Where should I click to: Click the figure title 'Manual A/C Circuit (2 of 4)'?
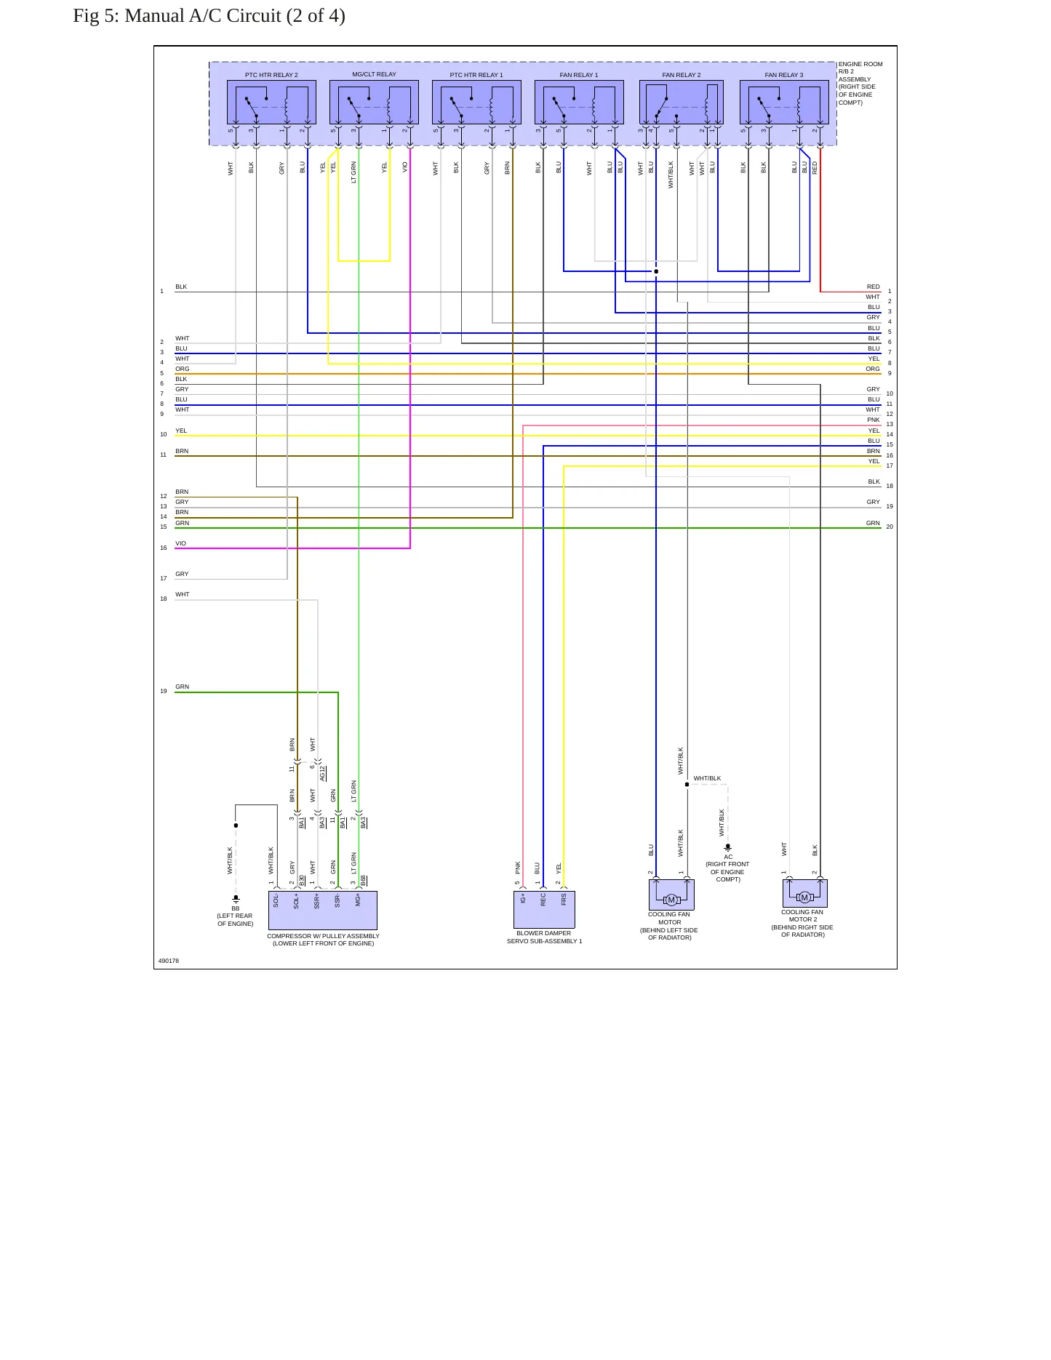[x=235, y=16]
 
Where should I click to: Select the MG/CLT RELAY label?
[x=374, y=74]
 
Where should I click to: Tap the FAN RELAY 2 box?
[x=682, y=102]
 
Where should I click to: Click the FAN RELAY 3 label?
[x=784, y=75]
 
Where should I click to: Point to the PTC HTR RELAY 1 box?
[x=476, y=102]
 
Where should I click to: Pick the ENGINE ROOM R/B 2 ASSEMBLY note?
[x=860, y=83]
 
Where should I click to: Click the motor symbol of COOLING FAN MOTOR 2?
[x=804, y=897]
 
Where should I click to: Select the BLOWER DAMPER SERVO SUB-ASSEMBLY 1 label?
[x=544, y=937]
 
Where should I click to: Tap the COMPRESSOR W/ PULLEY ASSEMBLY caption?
[x=323, y=940]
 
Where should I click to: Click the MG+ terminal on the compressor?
[x=358, y=900]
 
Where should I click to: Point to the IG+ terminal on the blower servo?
[x=523, y=900]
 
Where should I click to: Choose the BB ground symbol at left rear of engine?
[x=236, y=900]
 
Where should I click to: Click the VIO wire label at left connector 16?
[x=180, y=543]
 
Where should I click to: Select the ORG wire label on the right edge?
[x=873, y=369]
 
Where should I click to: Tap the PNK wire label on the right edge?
[x=874, y=420]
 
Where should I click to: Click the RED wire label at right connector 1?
[x=874, y=287]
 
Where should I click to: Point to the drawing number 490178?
[x=169, y=961]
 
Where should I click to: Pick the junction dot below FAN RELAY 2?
[x=656, y=271]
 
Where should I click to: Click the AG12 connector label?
[x=323, y=773]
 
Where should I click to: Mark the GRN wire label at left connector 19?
[x=182, y=687]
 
